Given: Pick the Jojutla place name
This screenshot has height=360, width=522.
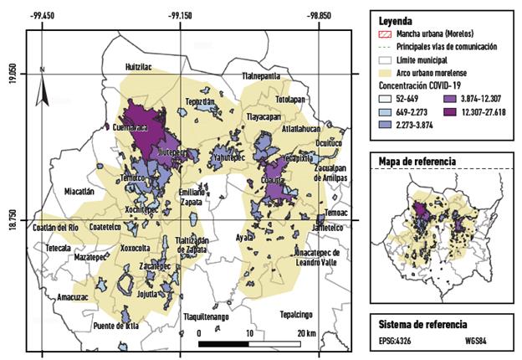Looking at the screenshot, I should tap(154, 294).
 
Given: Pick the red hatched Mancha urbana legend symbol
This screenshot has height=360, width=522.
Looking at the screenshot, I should tap(385, 34).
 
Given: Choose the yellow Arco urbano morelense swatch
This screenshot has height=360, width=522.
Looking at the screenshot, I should tap(385, 72).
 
